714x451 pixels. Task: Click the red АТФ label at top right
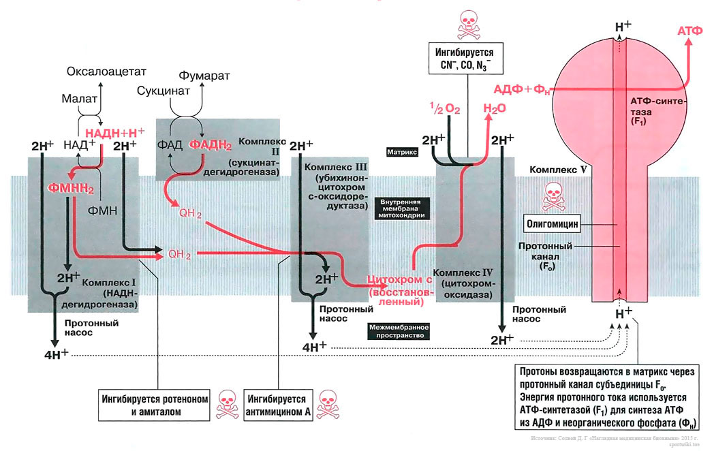691,31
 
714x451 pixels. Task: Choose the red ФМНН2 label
70,188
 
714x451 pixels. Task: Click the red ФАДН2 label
211,144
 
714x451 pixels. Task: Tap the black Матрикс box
402,153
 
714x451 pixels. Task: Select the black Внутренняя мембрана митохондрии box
402,208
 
